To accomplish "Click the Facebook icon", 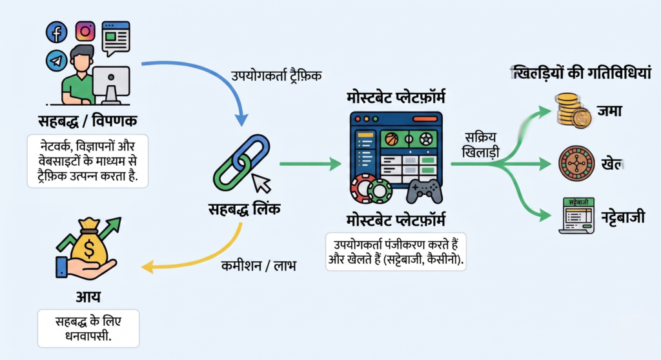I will tap(57, 32).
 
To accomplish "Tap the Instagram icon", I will tap(85, 31).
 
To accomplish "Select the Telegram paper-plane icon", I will tap(57, 61).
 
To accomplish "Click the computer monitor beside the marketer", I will tap(111, 83).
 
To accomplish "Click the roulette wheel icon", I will tap(575, 163).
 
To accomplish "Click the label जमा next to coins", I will tap(609, 110).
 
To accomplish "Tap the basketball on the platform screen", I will tap(392, 138).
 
